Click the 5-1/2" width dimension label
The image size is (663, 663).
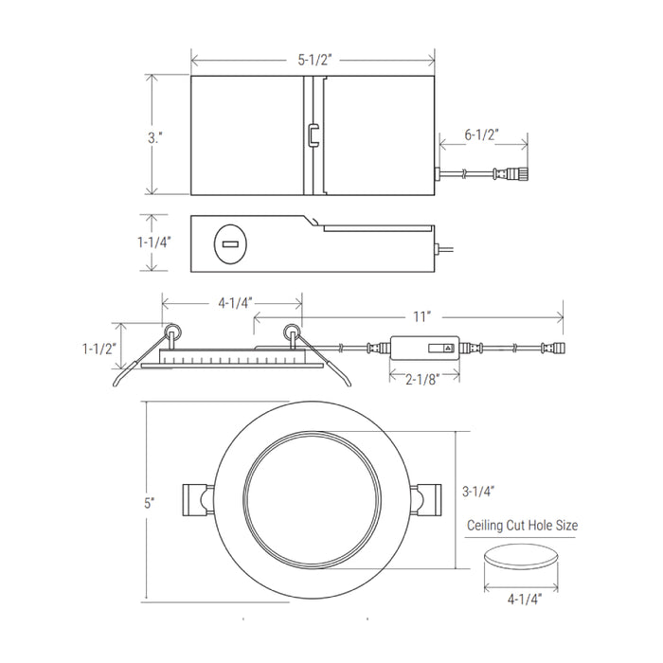[314, 60]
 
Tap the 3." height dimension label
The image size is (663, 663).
[155, 138]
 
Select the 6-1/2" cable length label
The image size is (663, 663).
[481, 134]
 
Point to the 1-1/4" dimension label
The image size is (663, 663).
[153, 242]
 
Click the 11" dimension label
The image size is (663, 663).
[421, 316]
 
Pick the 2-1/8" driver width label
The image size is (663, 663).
[422, 380]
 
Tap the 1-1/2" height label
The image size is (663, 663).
[99, 349]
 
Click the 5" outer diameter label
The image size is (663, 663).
[150, 504]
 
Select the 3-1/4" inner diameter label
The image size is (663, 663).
[478, 492]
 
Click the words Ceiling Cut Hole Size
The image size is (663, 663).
[522, 526]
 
